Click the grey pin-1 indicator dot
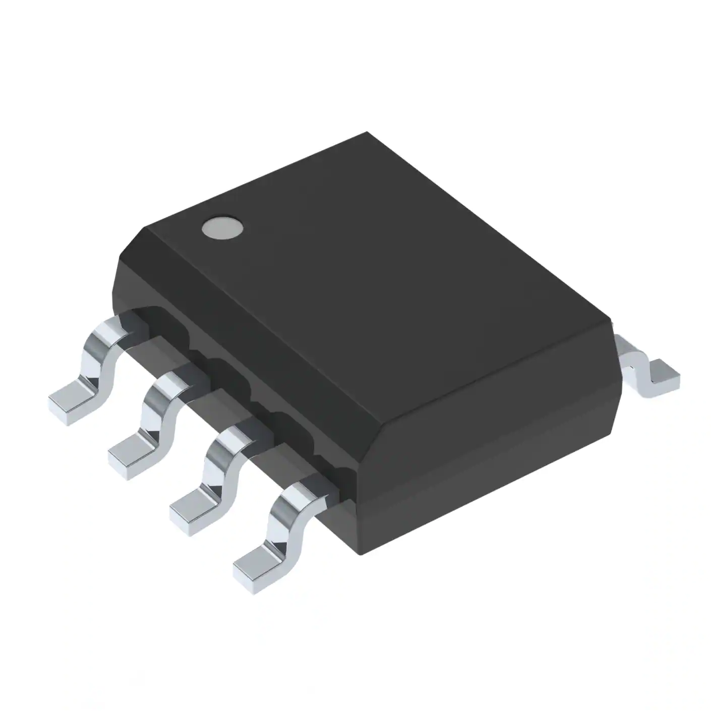coord(222,227)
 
